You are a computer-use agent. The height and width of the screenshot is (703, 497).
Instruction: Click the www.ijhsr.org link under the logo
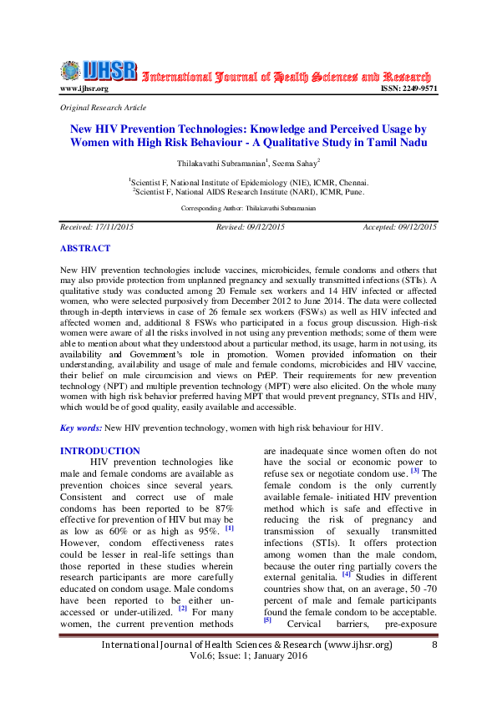[84, 89]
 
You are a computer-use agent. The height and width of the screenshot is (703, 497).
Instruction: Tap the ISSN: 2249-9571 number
[408, 89]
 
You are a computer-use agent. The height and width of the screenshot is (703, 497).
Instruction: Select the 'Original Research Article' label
[103, 108]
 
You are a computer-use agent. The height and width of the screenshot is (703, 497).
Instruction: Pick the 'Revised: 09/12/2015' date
[251, 227]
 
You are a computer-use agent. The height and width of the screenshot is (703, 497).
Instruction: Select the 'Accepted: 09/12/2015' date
[399, 227]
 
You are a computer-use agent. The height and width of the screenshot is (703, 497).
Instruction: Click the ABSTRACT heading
[84, 249]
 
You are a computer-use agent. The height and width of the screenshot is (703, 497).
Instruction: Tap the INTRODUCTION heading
[100, 451]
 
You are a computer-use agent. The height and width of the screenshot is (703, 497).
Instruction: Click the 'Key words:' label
[81, 427]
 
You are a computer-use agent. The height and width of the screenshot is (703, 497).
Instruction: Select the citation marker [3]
[425, 472]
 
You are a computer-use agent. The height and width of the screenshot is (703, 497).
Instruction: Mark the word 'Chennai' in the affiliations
[349, 181]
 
